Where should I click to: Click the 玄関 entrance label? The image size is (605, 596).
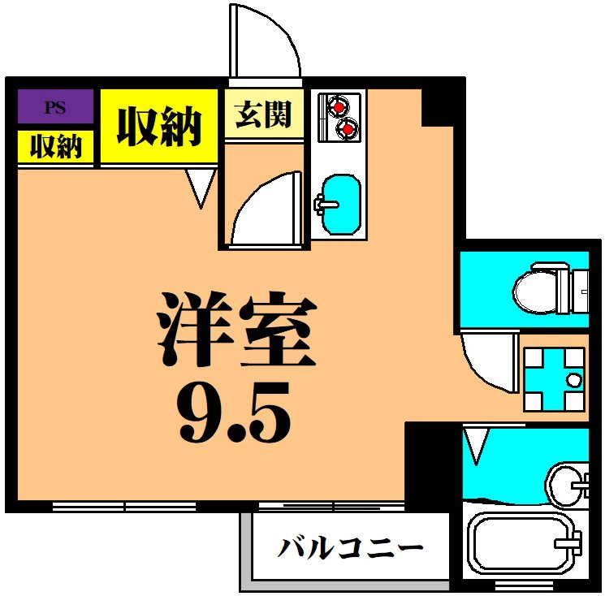point(263,114)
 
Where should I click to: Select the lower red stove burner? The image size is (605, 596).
point(348,127)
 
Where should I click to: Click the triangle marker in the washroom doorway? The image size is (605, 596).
point(475,445)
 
